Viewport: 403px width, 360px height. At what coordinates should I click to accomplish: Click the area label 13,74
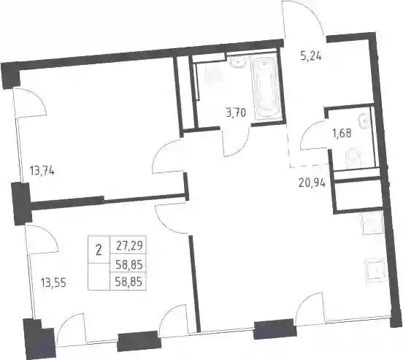click(x=42, y=171)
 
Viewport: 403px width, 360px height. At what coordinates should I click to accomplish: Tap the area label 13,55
click(x=53, y=283)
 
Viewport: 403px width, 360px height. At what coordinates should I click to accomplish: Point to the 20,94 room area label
click(x=312, y=183)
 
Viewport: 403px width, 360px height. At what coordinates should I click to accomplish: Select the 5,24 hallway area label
click(x=311, y=55)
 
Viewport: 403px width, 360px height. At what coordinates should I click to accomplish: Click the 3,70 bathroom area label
click(x=236, y=112)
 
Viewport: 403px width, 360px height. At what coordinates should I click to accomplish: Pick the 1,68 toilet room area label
click(x=342, y=134)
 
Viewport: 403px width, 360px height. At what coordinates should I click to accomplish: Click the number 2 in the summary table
click(x=99, y=250)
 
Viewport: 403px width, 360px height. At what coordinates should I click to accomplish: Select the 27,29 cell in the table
click(x=129, y=245)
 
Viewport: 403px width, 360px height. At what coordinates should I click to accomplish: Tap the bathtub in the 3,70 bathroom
click(x=266, y=88)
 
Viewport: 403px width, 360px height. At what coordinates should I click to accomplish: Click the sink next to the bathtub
click(x=238, y=62)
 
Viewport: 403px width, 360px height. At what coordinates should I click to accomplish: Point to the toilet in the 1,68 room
click(x=353, y=158)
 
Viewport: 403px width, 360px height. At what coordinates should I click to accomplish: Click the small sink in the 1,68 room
click(x=365, y=121)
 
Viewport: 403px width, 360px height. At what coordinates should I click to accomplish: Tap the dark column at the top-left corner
click(x=10, y=75)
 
